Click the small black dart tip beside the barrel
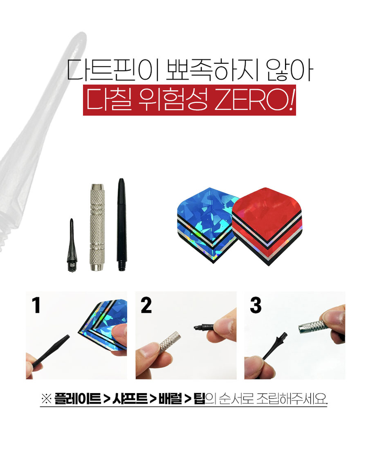point(71,246)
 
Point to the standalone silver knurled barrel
point(97,227)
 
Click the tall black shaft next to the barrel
point(122,225)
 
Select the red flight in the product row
point(267,226)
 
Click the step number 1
point(36,305)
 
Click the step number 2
point(146,305)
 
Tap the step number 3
point(256,305)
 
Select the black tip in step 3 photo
point(275,346)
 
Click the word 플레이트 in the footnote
point(78,398)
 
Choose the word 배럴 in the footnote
point(170,398)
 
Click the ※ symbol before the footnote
point(46,399)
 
